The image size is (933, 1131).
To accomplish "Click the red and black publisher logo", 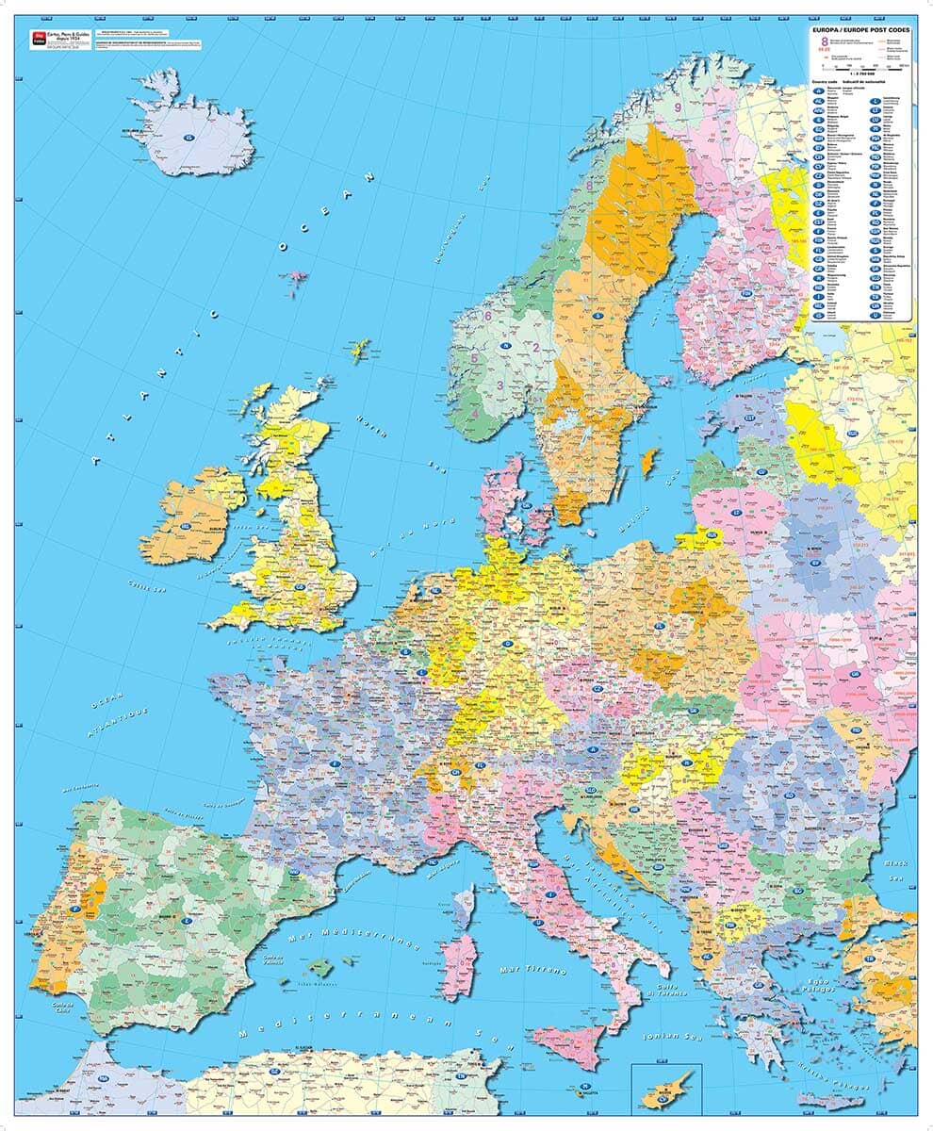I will pos(39,38).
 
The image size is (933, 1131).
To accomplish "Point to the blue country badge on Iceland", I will pos(189,139).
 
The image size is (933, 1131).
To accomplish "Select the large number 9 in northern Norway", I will pos(678,107).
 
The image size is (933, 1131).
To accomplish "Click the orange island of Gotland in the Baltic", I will pos(647,462).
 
